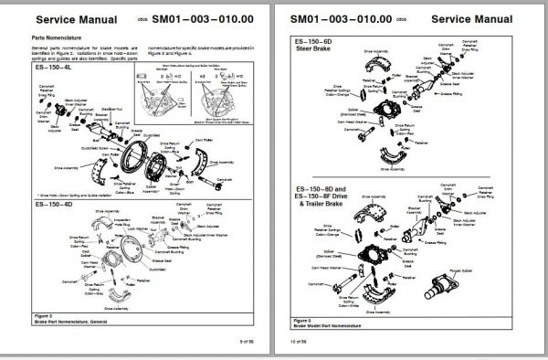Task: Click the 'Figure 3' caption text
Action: point(301,323)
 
